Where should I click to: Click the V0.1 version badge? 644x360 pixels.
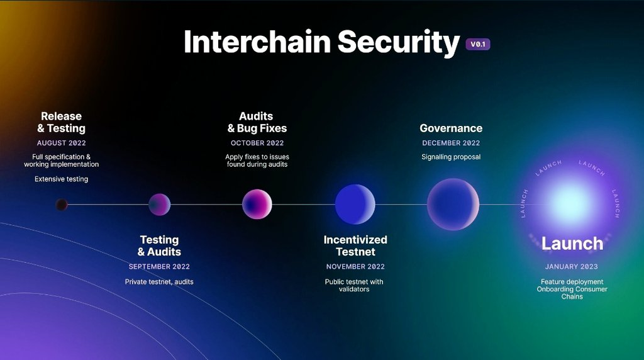(x=477, y=45)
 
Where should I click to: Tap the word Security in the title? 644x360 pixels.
(x=399, y=42)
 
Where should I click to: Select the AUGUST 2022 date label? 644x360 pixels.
(x=61, y=143)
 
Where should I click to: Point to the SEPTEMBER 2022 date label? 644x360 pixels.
(x=159, y=267)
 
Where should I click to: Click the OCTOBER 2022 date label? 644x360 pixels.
(x=257, y=143)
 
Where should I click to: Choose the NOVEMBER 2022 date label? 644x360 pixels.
(x=355, y=267)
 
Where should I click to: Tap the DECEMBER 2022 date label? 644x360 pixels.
(x=451, y=143)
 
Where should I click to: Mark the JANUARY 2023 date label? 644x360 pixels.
(x=572, y=267)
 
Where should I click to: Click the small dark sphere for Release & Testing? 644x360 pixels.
(x=62, y=205)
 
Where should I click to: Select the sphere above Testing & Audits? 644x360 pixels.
(x=159, y=205)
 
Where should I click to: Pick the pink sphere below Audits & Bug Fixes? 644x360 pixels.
(x=257, y=204)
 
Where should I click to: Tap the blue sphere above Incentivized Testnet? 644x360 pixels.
(x=355, y=205)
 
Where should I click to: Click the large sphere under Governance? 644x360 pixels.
(x=453, y=205)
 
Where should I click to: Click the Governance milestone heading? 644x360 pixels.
(x=451, y=128)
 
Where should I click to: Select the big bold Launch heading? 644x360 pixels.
(x=572, y=244)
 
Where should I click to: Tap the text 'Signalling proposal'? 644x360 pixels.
(x=451, y=157)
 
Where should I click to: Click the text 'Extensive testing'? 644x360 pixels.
(x=61, y=179)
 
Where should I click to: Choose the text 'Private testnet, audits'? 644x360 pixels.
(x=159, y=282)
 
